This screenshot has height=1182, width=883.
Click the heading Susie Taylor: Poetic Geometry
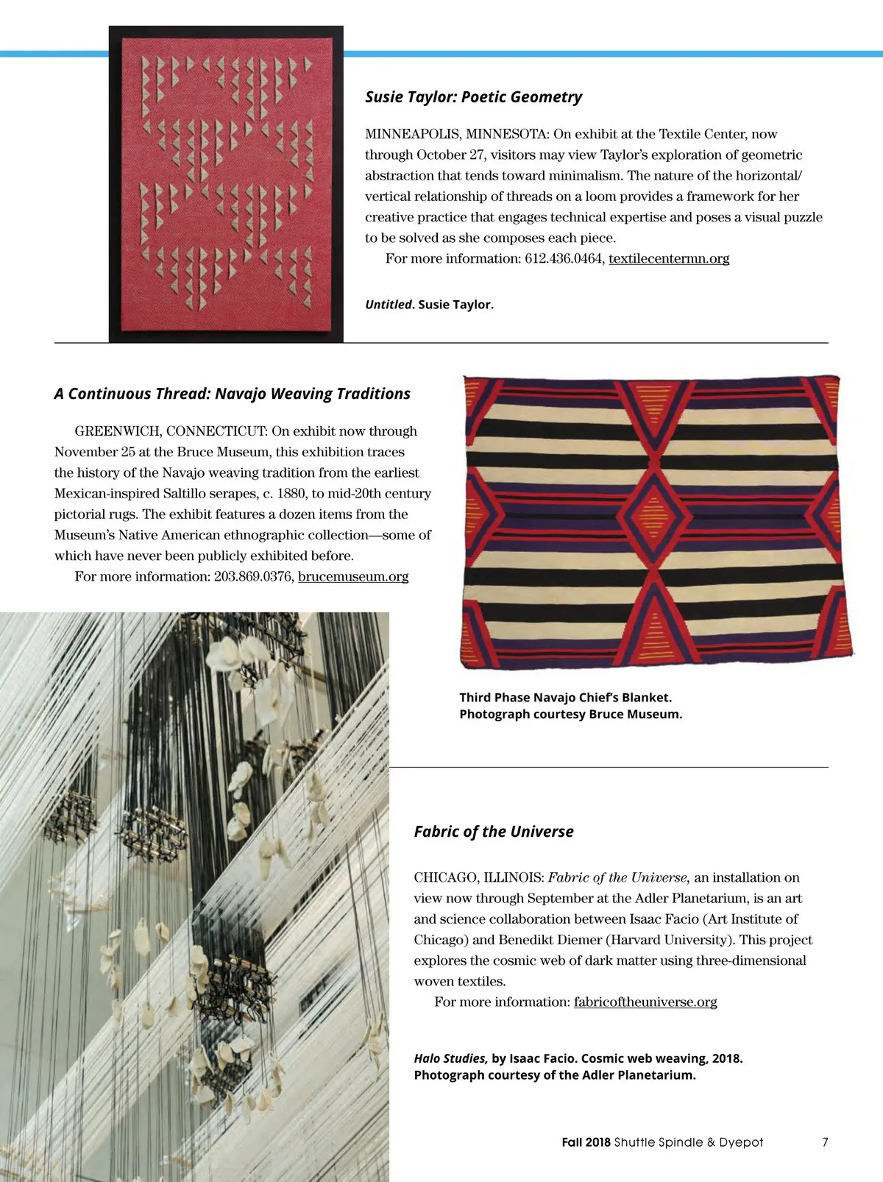[x=473, y=97]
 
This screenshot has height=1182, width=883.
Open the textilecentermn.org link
[x=669, y=258]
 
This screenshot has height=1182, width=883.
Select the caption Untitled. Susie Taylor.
[x=429, y=305]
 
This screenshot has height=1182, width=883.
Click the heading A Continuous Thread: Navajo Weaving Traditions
[x=232, y=394]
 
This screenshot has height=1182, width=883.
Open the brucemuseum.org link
[x=353, y=576]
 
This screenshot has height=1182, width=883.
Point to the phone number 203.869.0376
[x=253, y=576]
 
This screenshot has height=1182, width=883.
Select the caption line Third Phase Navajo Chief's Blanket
[x=565, y=697]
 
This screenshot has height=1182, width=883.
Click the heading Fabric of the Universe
[x=493, y=832]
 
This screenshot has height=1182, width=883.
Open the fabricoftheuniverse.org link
[x=645, y=1002]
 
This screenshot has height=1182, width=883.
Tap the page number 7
[x=825, y=1142]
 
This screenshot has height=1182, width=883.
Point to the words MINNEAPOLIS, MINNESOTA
[x=456, y=134]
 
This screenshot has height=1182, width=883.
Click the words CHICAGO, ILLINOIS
[x=478, y=877]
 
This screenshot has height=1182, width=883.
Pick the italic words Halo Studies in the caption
[x=450, y=1058]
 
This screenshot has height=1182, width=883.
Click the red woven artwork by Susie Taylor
[x=226, y=184]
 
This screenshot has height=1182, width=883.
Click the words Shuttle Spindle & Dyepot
[x=689, y=1142]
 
